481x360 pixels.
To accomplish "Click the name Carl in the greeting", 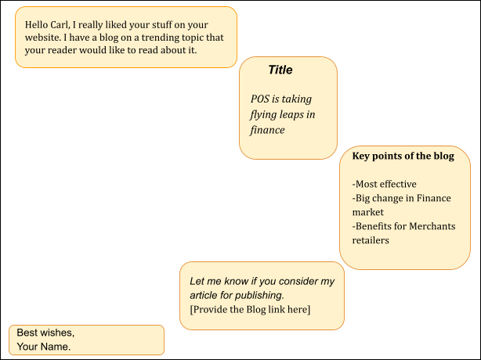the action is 60,24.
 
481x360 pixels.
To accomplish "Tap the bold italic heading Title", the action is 280,70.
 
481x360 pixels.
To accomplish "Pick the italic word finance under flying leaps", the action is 267,130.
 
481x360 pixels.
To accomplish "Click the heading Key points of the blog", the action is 403,156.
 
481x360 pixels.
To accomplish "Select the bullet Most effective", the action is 385,184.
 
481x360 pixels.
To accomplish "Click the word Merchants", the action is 432,226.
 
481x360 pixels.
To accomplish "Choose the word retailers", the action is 371,240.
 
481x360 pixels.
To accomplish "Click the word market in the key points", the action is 368,212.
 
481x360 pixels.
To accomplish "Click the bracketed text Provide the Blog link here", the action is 250,309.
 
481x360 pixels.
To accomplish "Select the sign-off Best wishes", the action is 45,333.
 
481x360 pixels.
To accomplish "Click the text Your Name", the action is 44,347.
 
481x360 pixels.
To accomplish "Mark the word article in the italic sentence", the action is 204,295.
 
